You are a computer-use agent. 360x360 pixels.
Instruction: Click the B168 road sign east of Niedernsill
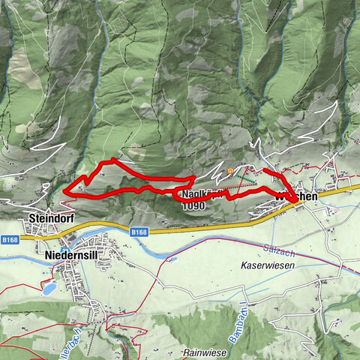[x=138, y=232]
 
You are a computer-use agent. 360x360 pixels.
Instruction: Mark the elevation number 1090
[x=193, y=205]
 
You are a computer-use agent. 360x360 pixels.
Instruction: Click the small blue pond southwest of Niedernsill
[x=48, y=288]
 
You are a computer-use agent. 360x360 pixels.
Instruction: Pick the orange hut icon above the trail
[x=230, y=171]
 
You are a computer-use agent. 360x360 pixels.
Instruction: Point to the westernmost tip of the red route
[x=65, y=192]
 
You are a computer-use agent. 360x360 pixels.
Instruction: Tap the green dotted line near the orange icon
[x=244, y=177]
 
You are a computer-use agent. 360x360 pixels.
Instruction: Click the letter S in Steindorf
[x=31, y=218]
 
